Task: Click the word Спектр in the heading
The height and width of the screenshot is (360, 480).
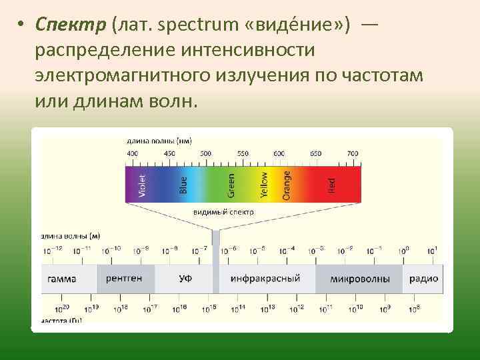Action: click(71, 25)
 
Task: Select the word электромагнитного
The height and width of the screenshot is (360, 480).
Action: click(123, 75)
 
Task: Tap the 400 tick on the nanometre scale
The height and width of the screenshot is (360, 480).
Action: click(132, 154)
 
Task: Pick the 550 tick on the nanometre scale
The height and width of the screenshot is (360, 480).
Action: click(243, 154)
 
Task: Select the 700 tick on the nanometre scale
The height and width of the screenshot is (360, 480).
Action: click(353, 154)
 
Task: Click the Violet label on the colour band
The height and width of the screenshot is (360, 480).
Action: click(141, 185)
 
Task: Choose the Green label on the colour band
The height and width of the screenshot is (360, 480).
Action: click(231, 185)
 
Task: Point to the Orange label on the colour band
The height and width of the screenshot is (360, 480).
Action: click(287, 185)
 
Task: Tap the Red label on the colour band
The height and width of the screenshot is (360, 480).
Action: click(333, 185)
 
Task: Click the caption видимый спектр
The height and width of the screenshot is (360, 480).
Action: click(223, 212)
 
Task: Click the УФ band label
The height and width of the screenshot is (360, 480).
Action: click(185, 279)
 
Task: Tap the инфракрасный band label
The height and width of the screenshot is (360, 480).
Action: click(265, 279)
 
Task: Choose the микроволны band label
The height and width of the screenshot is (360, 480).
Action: click(360, 279)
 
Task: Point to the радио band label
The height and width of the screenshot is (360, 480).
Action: click(423, 279)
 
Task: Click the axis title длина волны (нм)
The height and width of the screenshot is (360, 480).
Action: click(160, 141)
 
